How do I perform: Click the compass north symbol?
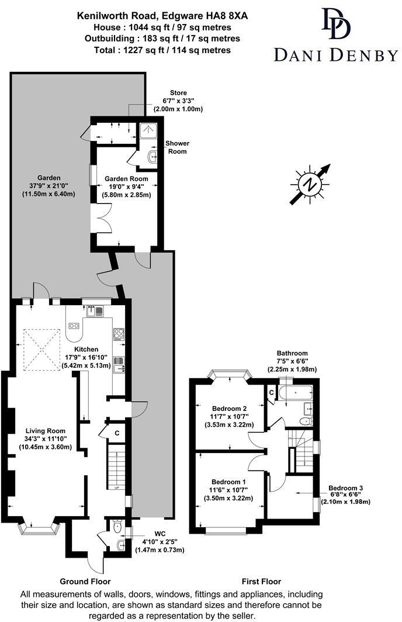[x=310, y=184]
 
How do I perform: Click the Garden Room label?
[x=126, y=178]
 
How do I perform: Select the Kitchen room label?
[x=86, y=349]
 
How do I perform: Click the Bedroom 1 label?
[x=228, y=481]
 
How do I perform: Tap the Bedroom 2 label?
[x=228, y=408]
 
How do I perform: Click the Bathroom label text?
[x=292, y=353]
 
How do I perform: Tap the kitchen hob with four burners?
[x=119, y=334]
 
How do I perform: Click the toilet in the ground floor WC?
[x=117, y=527]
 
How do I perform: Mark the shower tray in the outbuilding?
[x=147, y=131]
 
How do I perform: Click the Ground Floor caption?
[x=85, y=582]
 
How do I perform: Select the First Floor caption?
[x=261, y=582]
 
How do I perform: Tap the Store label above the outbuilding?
[x=178, y=93]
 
